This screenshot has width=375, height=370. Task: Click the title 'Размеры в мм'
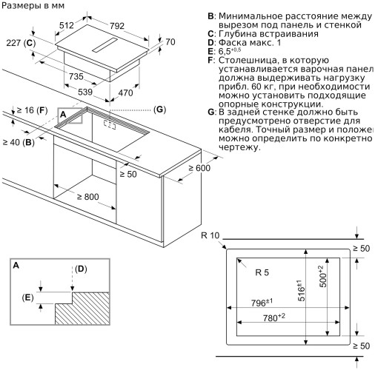(34, 7)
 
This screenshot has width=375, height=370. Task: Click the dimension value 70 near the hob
(170, 42)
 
